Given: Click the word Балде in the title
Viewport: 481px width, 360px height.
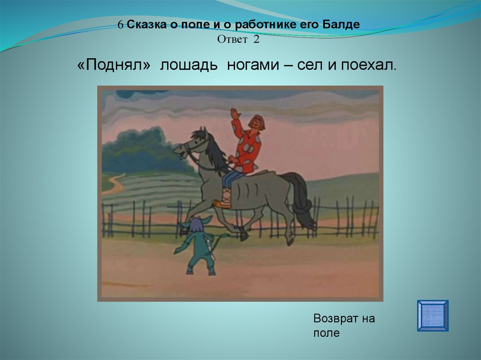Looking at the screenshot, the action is (341, 24).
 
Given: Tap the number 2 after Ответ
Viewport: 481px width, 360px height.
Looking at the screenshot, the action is (256, 39).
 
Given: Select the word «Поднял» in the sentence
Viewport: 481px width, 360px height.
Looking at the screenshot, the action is (114, 65).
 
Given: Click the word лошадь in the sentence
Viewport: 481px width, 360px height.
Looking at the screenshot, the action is (189, 65).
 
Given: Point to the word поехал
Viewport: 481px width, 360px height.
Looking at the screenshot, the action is (369, 65).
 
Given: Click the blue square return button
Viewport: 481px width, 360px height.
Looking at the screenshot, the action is (433, 315).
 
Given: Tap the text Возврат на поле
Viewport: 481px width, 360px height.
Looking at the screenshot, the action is (344, 325).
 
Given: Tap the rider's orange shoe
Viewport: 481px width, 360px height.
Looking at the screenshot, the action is (222, 203).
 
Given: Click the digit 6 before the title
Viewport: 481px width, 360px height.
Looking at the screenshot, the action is (121, 25).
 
